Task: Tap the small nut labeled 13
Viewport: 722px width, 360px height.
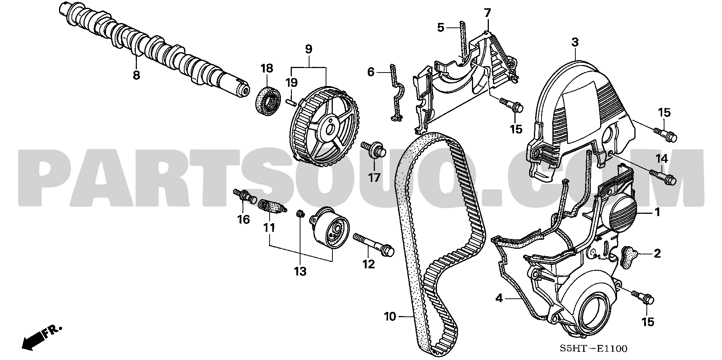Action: [x=300, y=214]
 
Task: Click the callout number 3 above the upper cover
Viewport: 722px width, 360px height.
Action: [x=575, y=43]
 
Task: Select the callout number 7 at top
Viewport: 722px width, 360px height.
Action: [x=487, y=13]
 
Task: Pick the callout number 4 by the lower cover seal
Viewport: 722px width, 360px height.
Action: [x=499, y=298]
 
